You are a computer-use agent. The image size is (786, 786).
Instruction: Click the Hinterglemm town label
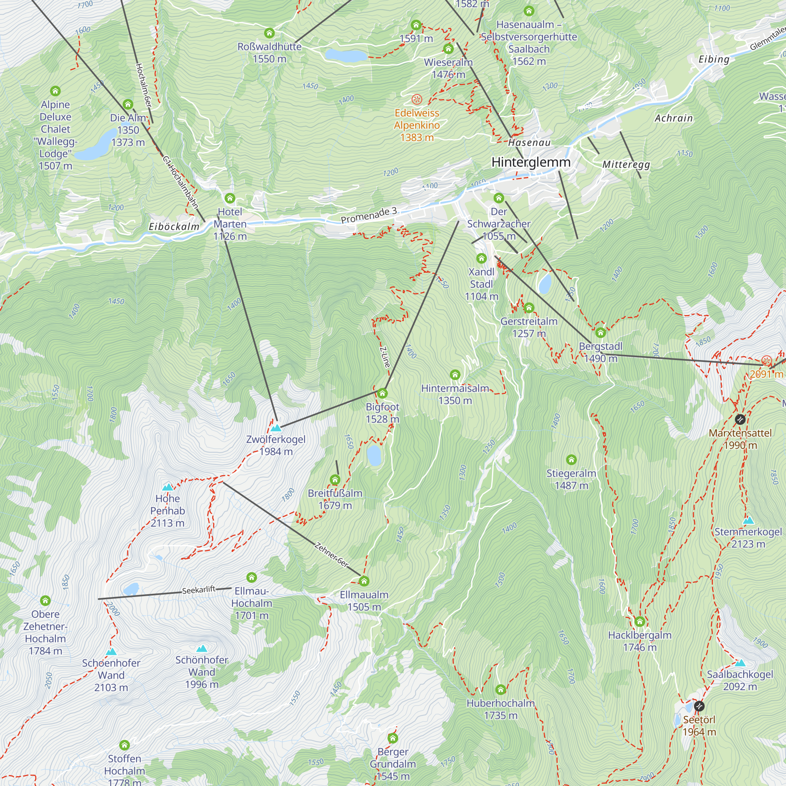pos(531,162)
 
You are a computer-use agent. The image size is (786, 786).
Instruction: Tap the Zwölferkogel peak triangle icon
pos(276,428)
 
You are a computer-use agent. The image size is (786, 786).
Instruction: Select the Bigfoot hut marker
pos(382,393)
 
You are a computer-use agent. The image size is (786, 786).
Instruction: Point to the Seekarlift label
pos(198,590)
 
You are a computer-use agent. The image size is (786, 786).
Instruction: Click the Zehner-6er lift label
pos(332,555)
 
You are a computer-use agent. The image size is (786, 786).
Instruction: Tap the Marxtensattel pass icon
pos(740,419)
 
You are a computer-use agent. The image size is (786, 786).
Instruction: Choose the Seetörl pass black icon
pos(699,706)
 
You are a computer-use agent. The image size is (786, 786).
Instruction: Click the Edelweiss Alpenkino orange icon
pos(417,99)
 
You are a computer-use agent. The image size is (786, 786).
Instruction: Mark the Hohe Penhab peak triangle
pos(168,487)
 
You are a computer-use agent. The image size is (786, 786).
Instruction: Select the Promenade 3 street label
pos(369,215)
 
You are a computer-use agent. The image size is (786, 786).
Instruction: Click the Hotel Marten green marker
pos(230,198)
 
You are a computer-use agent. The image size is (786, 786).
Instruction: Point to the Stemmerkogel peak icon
pos(748,521)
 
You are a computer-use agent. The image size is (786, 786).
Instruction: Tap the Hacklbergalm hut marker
pos(639,622)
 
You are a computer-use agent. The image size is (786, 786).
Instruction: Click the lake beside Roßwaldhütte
pos(346,55)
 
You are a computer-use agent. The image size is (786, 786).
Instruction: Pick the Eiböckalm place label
pos(174,227)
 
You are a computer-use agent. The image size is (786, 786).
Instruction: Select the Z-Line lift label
pos(385,357)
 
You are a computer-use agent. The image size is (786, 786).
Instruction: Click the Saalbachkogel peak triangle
pos(740,663)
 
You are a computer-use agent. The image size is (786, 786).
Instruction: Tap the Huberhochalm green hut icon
pos(501,690)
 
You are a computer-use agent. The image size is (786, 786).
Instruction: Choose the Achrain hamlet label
pos(673,118)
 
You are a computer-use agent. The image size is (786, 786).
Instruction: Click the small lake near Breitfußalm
pos(374,455)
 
